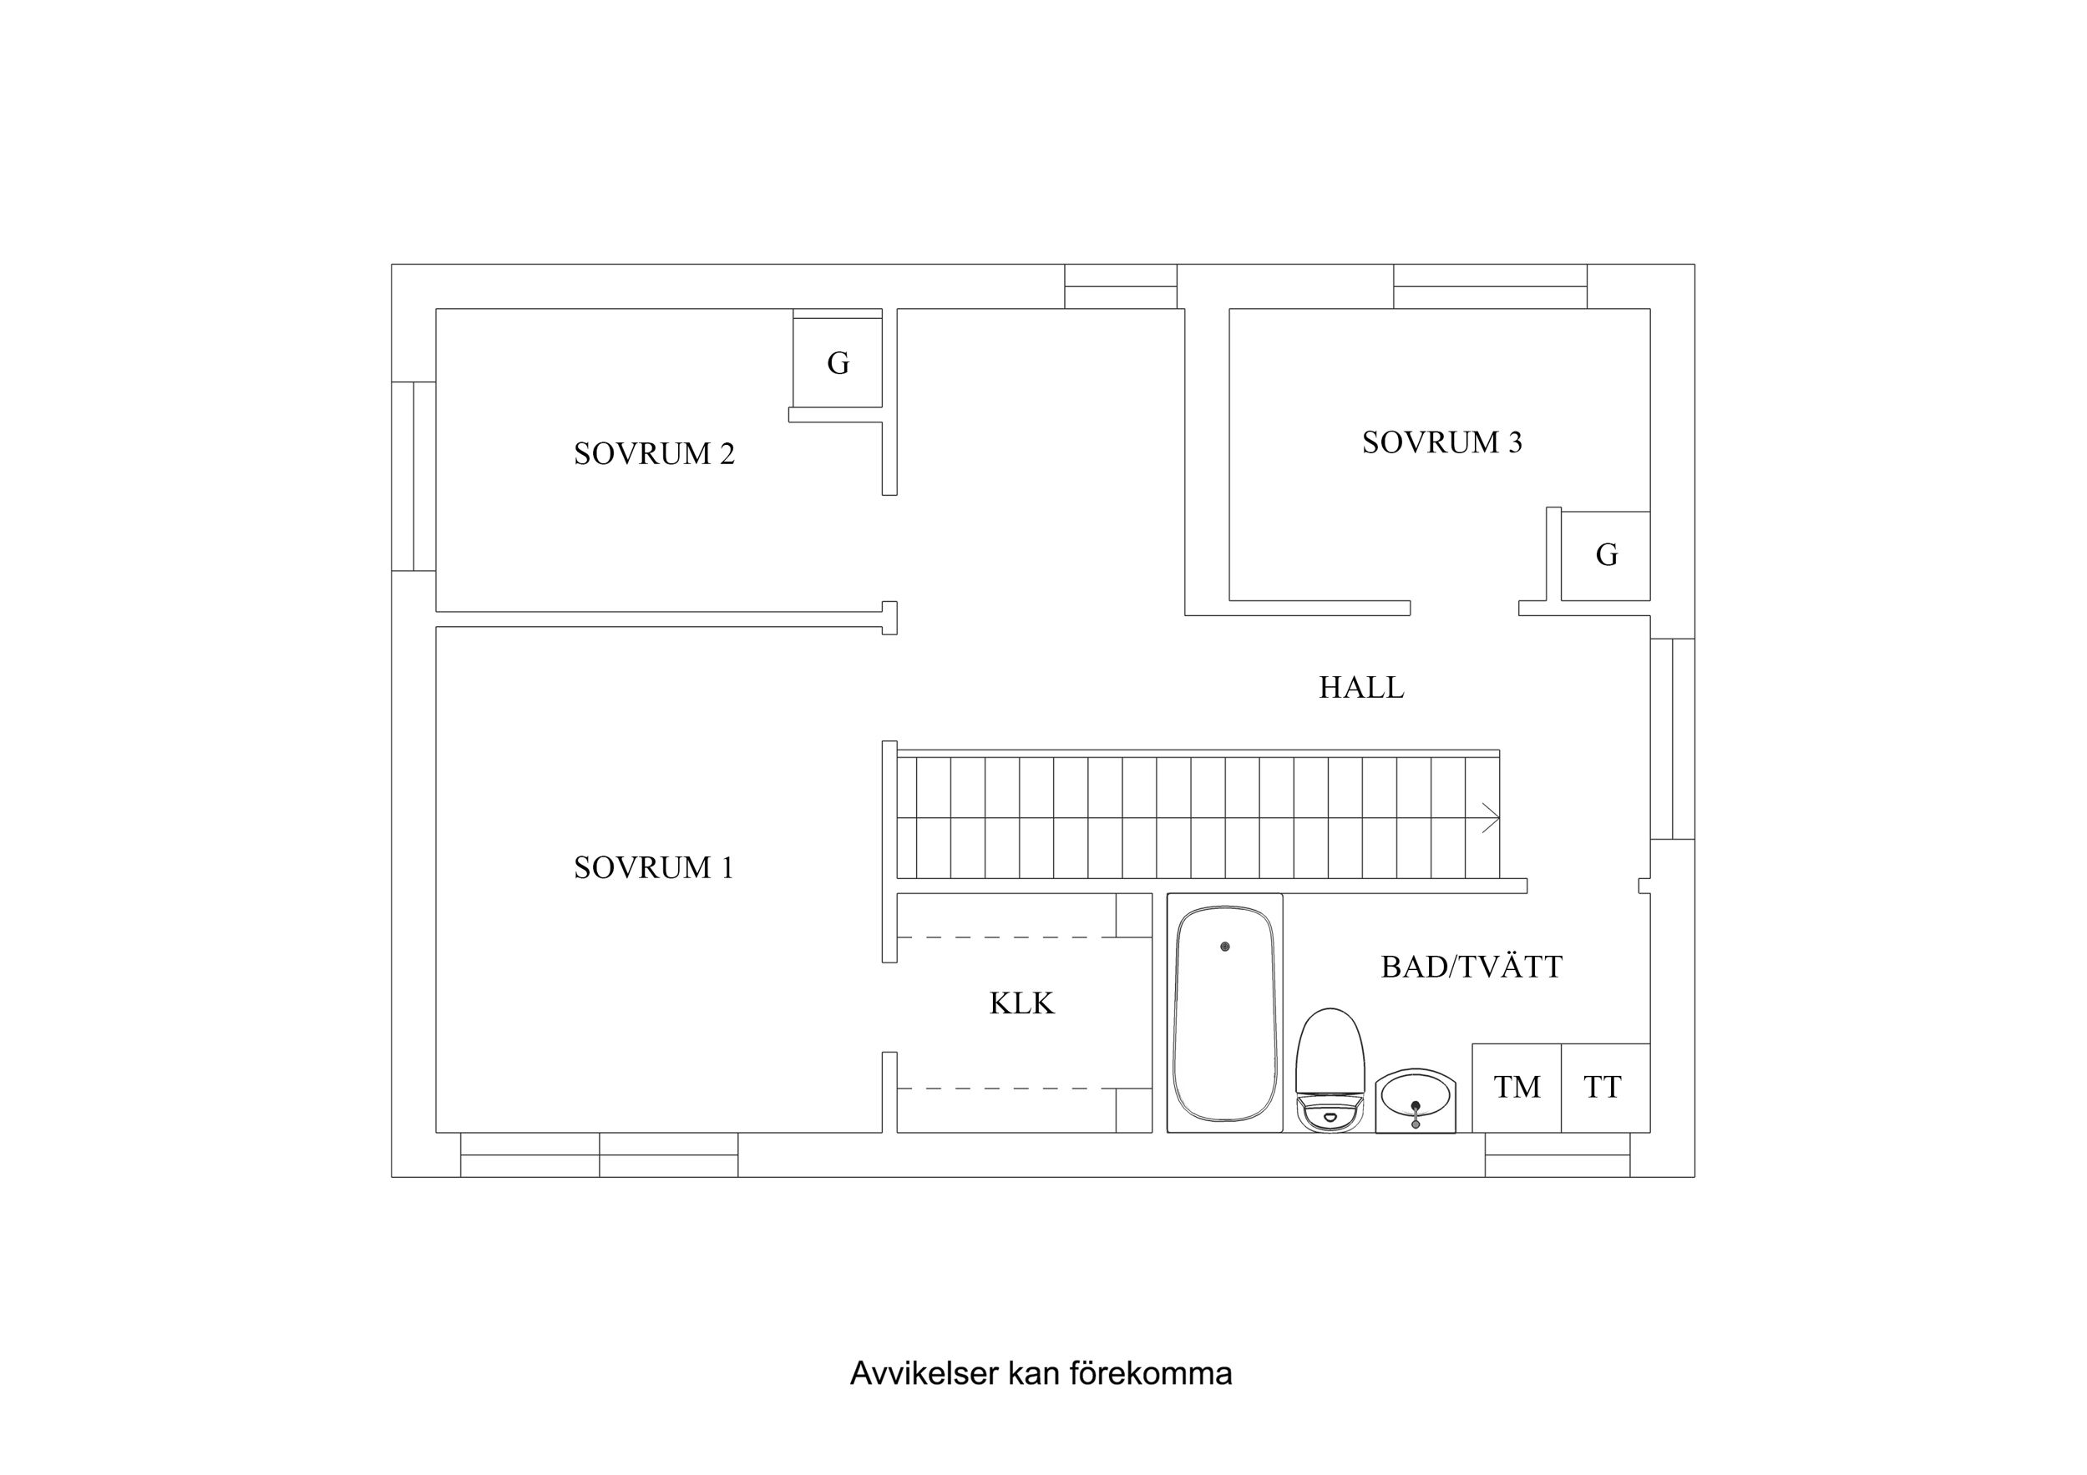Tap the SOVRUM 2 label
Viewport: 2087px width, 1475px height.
pyautogui.click(x=654, y=453)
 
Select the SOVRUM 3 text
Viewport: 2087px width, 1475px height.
pyautogui.click(x=1441, y=442)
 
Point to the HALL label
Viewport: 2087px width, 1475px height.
pyautogui.click(x=1360, y=688)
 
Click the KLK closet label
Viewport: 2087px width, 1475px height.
pyautogui.click(x=1021, y=1003)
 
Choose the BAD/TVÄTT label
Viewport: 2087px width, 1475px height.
pyautogui.click(x=1471, y=967)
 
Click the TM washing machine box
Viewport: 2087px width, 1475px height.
pyautogui.click(x=1516, y=1088)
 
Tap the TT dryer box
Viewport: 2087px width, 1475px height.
pyautogui.click(x=1604, y=1088)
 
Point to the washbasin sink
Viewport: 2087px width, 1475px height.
pyautogui.click(x=1415, y=1099)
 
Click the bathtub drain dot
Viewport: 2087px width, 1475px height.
pyautogui.click(x=1224, y=947)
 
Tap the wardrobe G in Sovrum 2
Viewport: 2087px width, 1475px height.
pyautogui.click(x=837, y=362)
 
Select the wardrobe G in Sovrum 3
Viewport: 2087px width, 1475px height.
pyautogui.click(x=1606, y=555)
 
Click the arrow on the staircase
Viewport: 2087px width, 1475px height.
pyautogui.click(x=1489, y=818)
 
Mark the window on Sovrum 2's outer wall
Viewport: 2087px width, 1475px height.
pyautogui.click(x=413, y=476)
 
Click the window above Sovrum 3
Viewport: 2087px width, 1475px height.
pyautogui.click(x=1490, y=286)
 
